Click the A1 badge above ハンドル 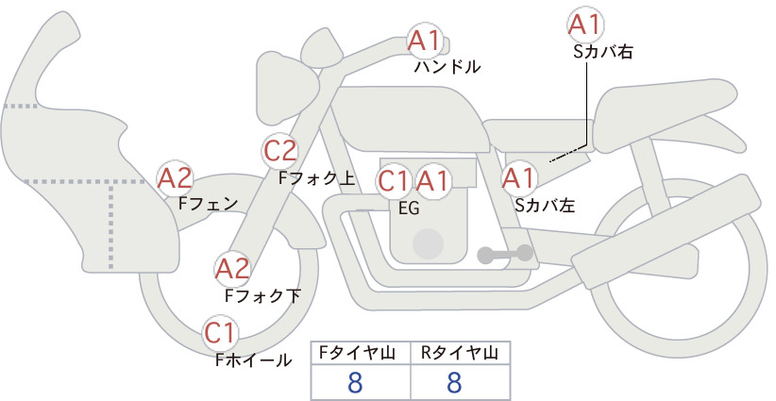pos(425,40)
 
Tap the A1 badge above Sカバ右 pos(585,24)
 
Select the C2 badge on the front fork pos(280,151)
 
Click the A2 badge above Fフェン pos(175,178)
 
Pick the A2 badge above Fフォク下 pos(232,269)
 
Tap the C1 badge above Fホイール pos(220,334)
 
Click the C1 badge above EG pos(394,181)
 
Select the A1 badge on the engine pos(433,181)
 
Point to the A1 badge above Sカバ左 pos(518,178)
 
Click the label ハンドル pos(447,66)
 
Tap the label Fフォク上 pos(317,178)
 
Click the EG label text pos(409,209)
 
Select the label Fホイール pos(253,360)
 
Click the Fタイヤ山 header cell pos(361,353)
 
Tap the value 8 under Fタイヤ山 pos(355,382)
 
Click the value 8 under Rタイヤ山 pos(454,382)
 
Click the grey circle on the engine pos(428,243)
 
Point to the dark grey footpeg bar pos(506,254)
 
